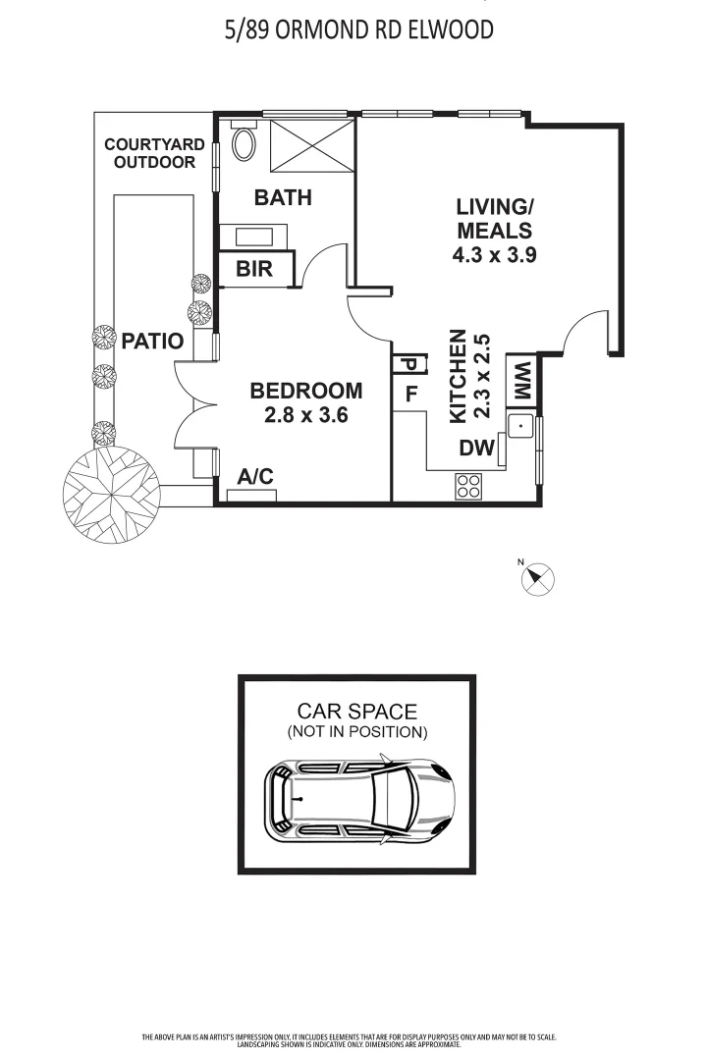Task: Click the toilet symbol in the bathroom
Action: point(243,144)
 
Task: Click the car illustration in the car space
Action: point(359,800)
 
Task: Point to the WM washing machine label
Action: point(520,381)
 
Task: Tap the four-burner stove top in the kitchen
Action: point(469,485)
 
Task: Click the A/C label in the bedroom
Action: point(255,477)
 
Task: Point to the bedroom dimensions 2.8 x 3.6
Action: point(306,415)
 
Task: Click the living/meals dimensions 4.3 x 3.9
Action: point(495,254)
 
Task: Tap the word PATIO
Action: point(152,342)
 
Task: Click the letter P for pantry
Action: point(407,364)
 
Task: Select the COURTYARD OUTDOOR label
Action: point(154,153)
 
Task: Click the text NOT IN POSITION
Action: point(357,732)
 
